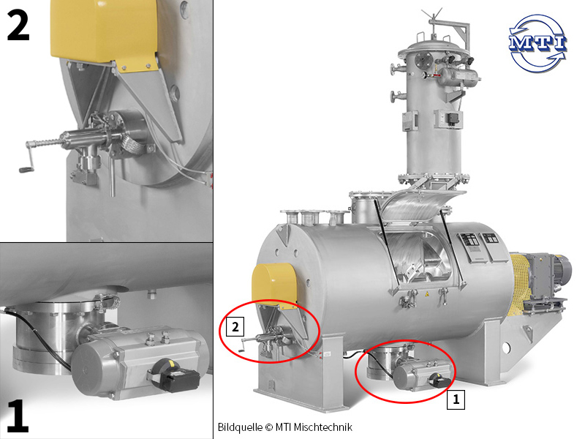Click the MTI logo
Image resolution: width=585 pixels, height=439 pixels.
[x=537, y=43]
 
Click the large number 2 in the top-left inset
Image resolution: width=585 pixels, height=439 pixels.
[x=18, y=25]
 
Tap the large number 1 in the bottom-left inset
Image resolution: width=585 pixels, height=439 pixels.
[x=18, y=416]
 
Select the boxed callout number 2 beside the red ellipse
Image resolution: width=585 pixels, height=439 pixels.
[x=235, y=326]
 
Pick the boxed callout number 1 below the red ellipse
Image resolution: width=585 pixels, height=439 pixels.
[x=456, y=399]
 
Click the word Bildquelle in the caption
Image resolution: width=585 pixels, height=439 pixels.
[x=240, y=427]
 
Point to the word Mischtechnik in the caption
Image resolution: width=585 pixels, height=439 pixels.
[x=323, y=427]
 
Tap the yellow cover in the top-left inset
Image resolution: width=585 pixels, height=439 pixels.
[x=105, y=34]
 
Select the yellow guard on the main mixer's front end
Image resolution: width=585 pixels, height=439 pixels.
[x=275, y=285]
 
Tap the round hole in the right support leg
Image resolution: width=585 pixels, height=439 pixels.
[x=506, y=348]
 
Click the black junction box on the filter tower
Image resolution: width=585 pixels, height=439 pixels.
[x=453, y=119]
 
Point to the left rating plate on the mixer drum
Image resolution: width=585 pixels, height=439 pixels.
[x=470, y=247]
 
